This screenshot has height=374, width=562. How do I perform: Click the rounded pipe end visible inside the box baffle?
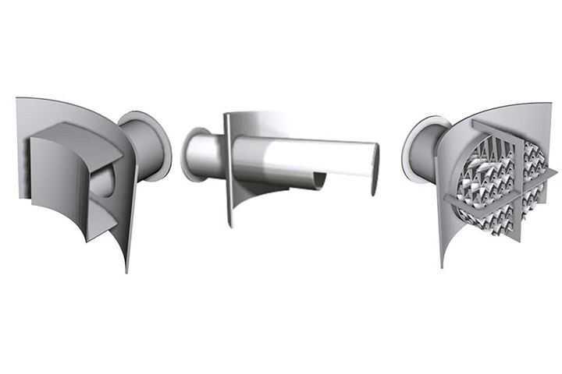103,183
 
